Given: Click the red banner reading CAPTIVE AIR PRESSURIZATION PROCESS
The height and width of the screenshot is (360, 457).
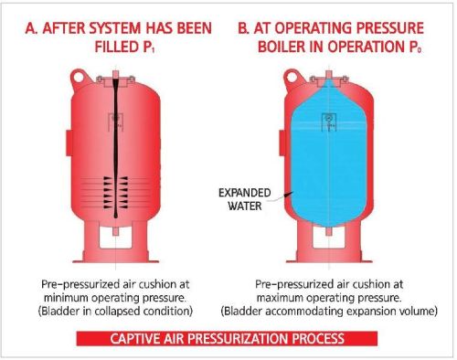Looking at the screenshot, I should (x=226, y=338).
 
